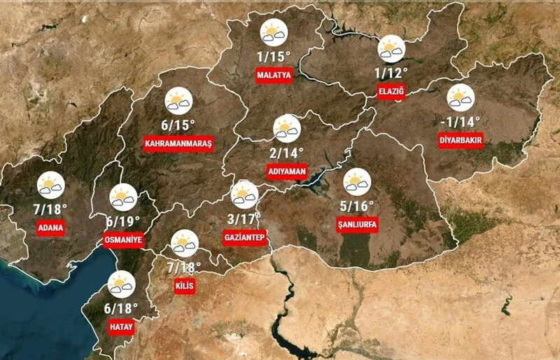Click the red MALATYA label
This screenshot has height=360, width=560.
pos(274,76)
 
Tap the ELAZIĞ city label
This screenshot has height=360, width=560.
pos(391,92)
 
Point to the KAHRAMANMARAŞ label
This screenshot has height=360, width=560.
pos(178,144)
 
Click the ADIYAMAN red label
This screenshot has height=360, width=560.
pos(286,171)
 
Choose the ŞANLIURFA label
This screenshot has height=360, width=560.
pos(358,225)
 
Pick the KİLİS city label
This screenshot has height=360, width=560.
pos(184,286)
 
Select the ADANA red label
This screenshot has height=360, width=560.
pos(52,228)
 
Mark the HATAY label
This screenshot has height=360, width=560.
pos(120,326)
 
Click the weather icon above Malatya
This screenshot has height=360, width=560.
pos(273,34)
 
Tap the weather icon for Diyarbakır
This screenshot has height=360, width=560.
pos(461,97)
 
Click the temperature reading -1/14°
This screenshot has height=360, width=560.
pos(461,121)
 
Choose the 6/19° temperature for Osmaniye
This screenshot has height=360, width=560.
pos(123,221)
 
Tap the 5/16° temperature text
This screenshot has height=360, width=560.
pos(358,206)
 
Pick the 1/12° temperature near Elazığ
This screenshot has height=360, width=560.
pos(391,72)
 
